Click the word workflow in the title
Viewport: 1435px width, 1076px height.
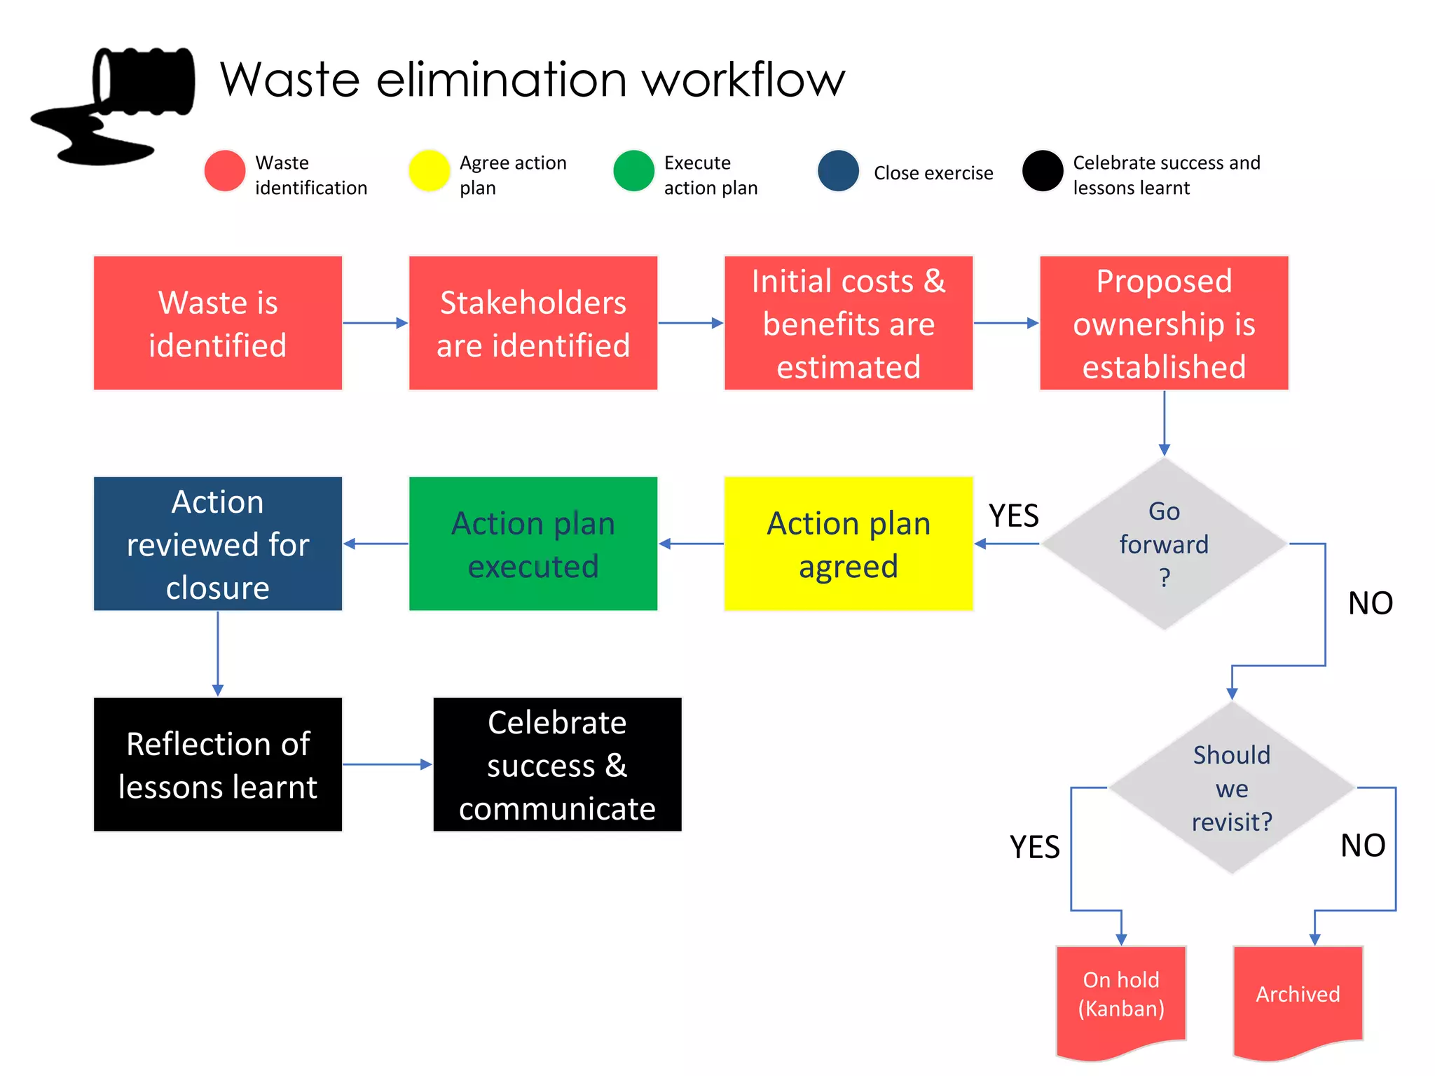743,79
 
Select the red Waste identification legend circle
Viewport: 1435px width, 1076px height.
224,171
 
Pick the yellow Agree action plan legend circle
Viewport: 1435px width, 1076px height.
429,171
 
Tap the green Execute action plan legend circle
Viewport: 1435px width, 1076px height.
633,171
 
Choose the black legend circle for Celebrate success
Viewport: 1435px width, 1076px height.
1043,171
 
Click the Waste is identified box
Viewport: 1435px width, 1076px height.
218,323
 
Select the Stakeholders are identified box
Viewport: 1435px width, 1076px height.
533,323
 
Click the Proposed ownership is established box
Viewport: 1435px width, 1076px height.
1164,323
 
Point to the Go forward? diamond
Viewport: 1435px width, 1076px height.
1164,544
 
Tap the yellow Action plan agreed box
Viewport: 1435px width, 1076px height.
849,544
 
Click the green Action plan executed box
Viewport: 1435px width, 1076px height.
533,544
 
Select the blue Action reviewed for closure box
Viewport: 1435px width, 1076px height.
218,544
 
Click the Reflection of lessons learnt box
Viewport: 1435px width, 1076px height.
218,764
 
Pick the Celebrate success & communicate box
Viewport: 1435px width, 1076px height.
557,764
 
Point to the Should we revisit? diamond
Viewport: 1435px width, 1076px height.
1232,787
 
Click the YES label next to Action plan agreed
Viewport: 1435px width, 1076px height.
1013,516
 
